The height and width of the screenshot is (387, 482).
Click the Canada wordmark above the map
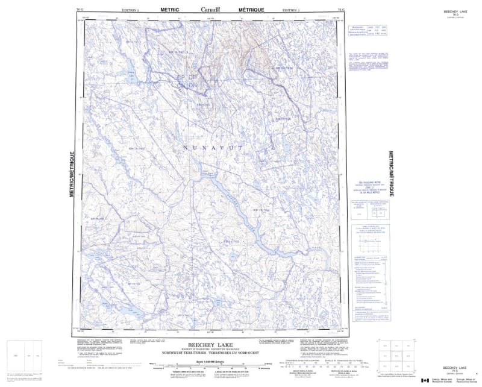click(210, 10)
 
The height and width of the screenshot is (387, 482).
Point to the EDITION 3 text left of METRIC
click(130, 10)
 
